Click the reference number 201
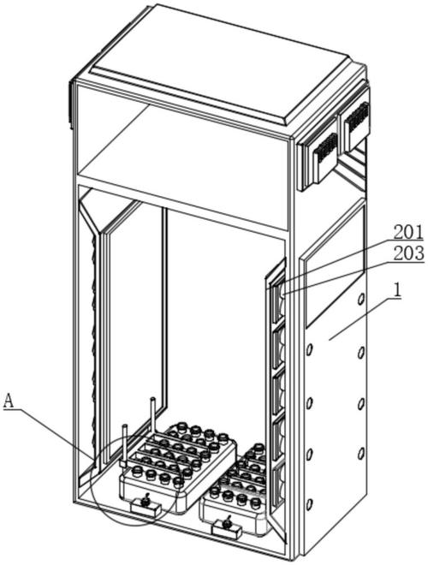coord(408,233)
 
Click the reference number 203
coord(408,254)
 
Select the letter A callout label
coord(9,401)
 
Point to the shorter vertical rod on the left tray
coord(124,444)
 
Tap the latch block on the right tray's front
coord(226,529)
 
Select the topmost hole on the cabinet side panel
coord(360,299)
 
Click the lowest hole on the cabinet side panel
coord(309,504)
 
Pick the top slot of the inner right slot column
coord(279,301)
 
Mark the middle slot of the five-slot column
coord(278,394)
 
